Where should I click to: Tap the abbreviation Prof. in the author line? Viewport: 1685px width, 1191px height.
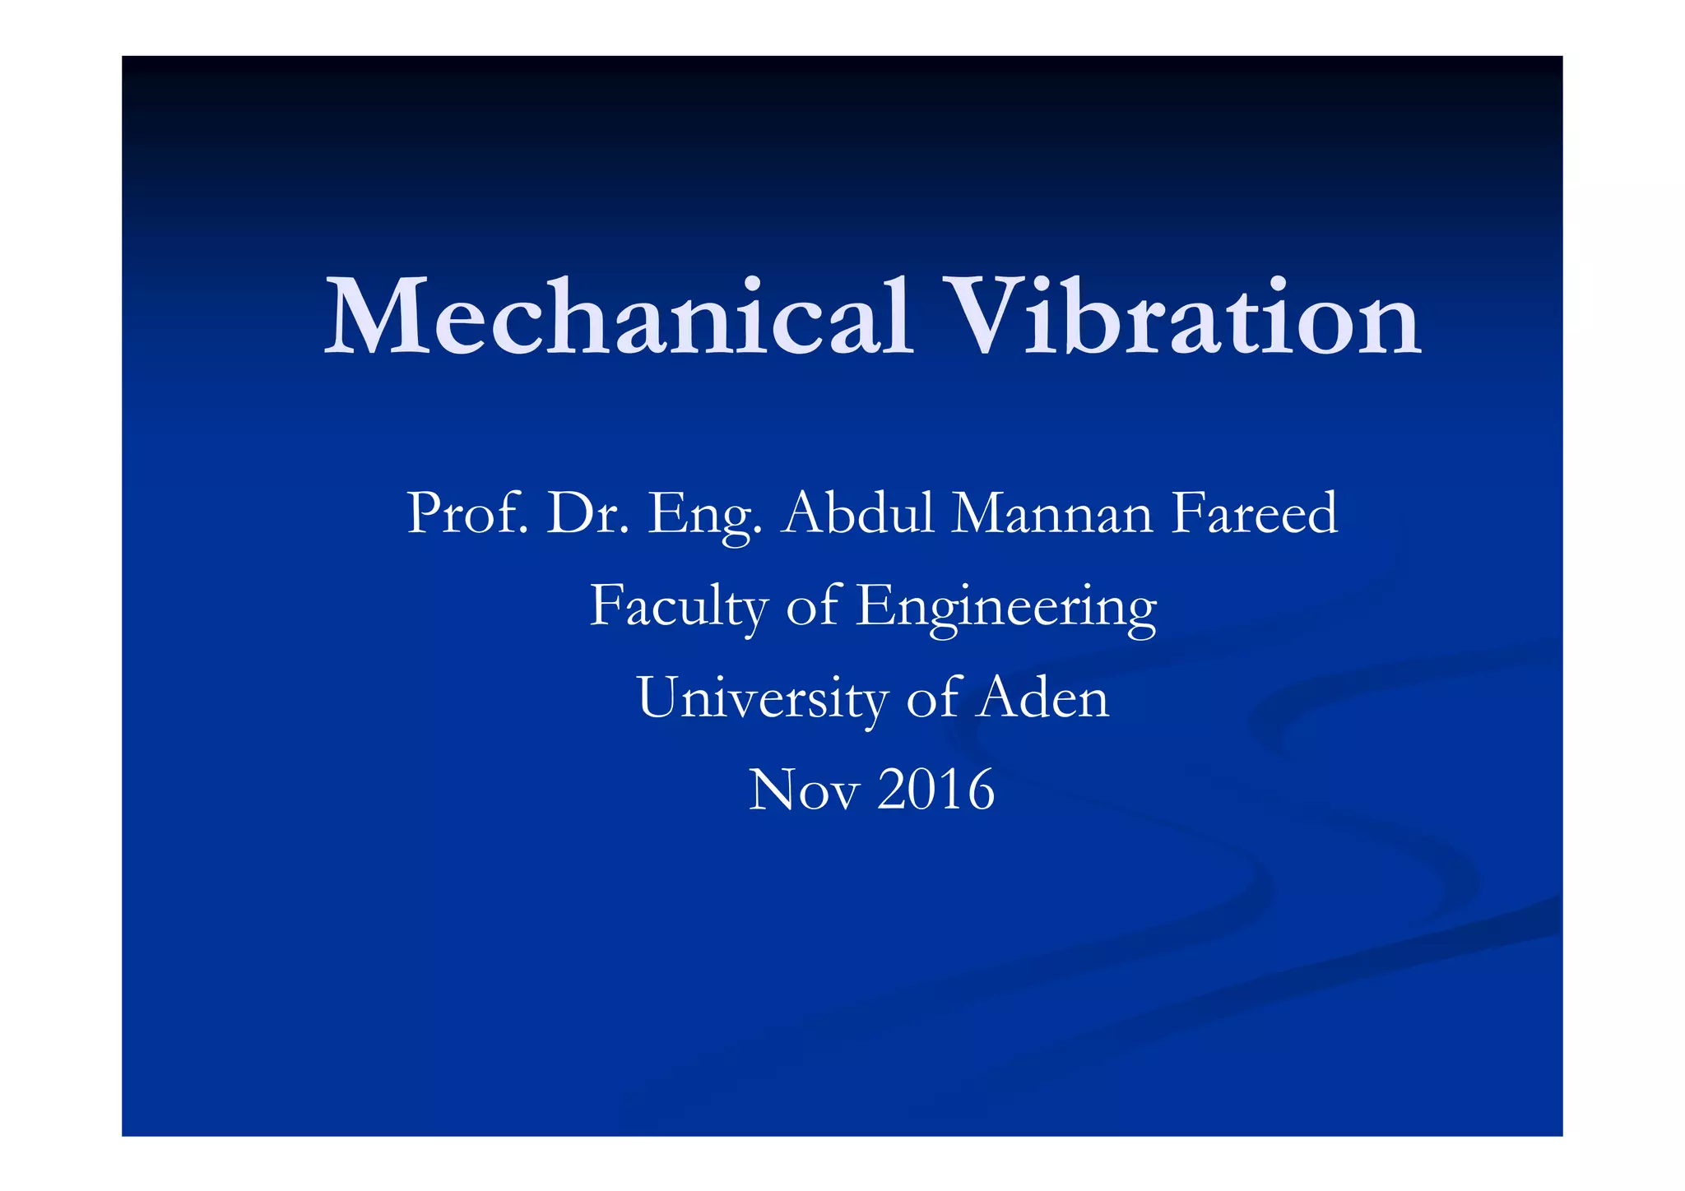[467, 513]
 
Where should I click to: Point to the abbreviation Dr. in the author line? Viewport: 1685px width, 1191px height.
[587, 513]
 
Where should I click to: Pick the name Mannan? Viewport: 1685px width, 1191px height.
[1053, 513]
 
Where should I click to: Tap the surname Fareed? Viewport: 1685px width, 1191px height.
[1255, 513]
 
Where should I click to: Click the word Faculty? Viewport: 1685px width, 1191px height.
[680, 607]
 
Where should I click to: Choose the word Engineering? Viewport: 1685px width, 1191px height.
[1006, 607]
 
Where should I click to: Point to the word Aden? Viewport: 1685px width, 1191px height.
[1042, 698]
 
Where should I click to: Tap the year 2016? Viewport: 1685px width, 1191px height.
[936, 790]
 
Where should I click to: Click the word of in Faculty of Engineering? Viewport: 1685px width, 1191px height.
[814, 607]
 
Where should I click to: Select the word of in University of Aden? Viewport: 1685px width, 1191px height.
[933, 698]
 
